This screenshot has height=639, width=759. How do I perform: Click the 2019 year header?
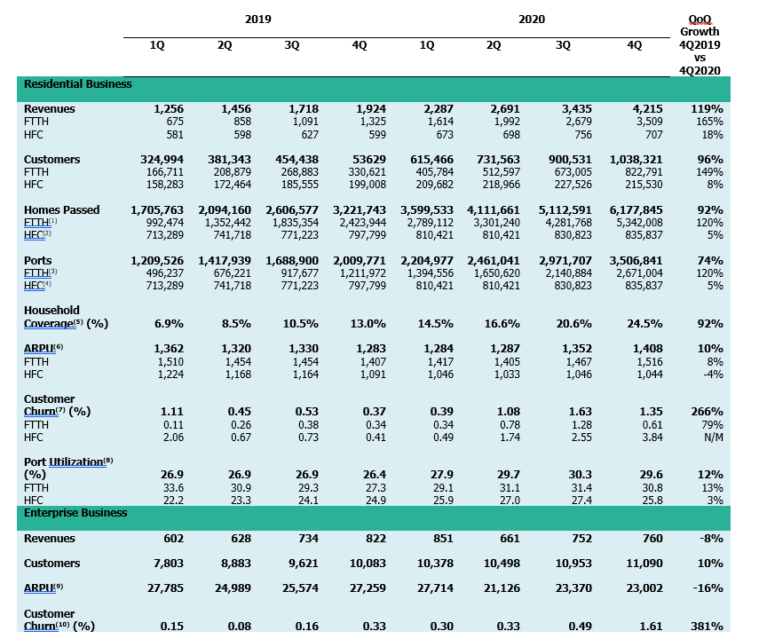[258, 19]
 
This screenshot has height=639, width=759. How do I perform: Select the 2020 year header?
[532, 19]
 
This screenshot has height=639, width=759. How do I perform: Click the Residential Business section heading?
[77, 84]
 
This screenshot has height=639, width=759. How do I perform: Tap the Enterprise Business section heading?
[75, 513]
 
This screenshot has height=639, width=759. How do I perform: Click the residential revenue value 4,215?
[645, 109]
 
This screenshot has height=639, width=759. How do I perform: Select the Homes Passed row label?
[62, 210]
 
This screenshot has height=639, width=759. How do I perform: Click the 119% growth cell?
[707, 109]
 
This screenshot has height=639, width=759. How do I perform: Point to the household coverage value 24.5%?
[645, 324]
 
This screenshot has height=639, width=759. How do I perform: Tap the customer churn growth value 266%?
[707, 412]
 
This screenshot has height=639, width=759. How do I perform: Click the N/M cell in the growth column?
[710, 437]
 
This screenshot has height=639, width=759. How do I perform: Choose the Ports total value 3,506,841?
[635, 261]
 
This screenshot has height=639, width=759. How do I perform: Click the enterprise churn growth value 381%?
[707, 627]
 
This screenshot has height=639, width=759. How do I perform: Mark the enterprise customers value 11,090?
[644, 564]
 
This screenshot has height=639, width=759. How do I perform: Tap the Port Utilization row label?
[68, 461]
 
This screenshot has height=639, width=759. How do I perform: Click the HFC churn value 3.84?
[651, 437]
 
